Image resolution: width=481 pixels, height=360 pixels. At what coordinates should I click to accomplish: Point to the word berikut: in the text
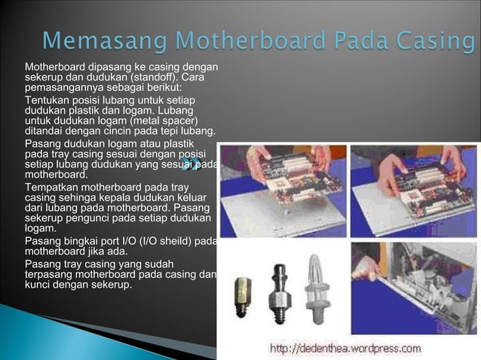[x=171, y=87]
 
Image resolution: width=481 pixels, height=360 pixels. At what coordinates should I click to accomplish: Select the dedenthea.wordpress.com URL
[x=345, y=348]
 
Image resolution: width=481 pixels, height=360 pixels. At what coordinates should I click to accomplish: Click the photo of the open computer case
[x=414, y=287]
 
